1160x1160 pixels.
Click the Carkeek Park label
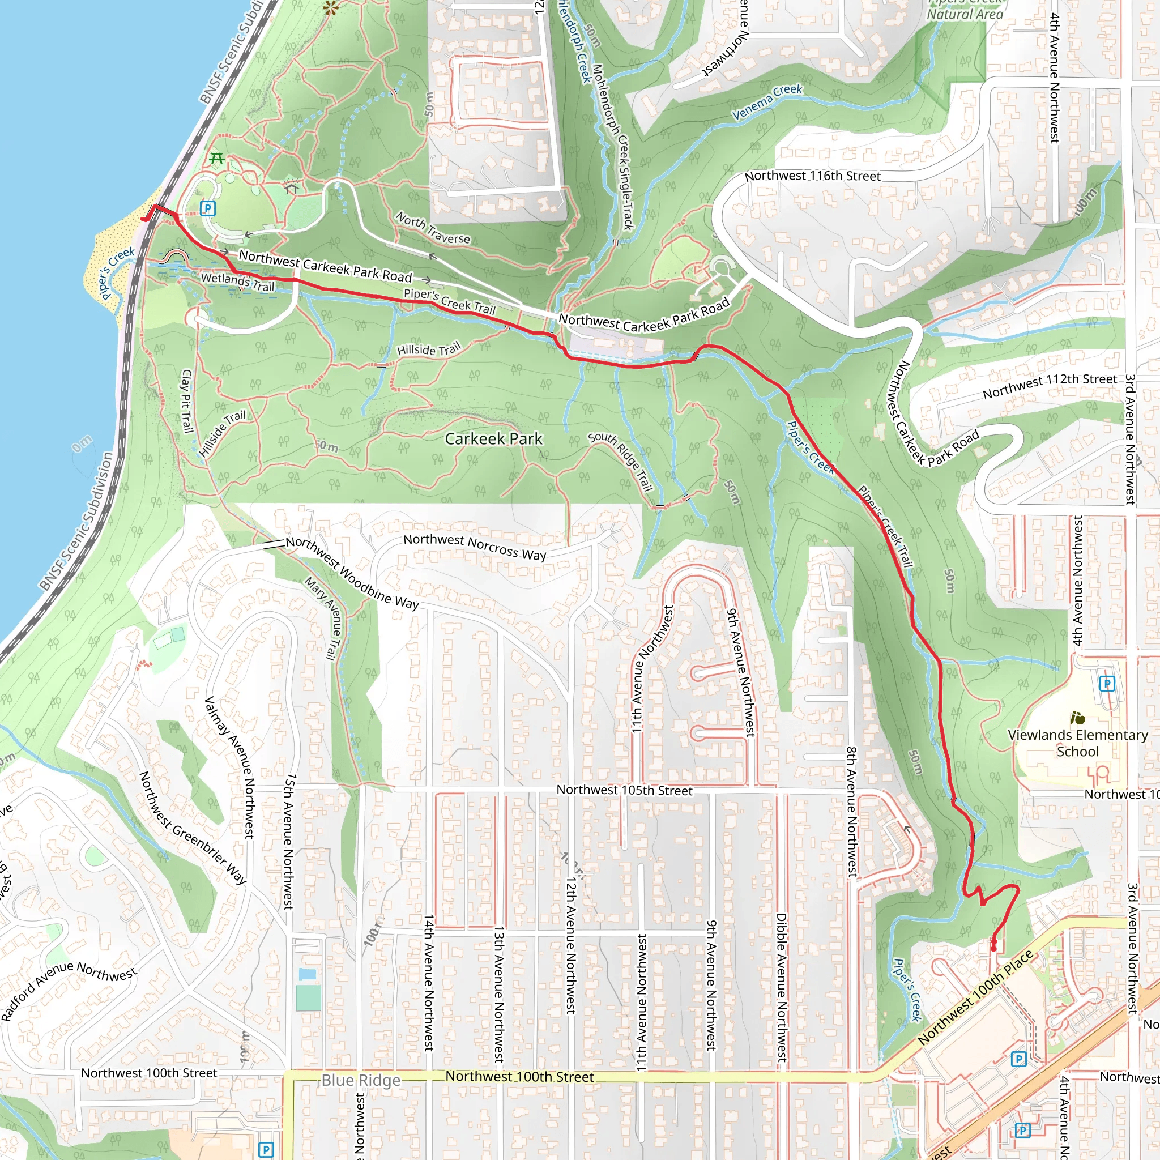[493, 439]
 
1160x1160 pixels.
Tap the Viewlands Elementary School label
[1078, 743]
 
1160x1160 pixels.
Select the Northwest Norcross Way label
[474, 547]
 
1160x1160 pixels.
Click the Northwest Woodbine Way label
[352, 573]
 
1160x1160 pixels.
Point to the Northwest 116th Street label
[812, 176]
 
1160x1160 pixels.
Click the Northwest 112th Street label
[1050, 386]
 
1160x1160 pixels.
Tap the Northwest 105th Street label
[624, 790]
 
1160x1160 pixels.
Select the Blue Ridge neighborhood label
[361, 1080]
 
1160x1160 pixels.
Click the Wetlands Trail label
[237, 282]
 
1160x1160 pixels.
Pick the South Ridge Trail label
[621, 460]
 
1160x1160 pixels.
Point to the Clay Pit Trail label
[187, 401]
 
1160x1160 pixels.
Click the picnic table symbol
[217, 159]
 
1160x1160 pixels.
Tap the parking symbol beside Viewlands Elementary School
[1107, 683]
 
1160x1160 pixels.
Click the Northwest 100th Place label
[975, 997]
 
